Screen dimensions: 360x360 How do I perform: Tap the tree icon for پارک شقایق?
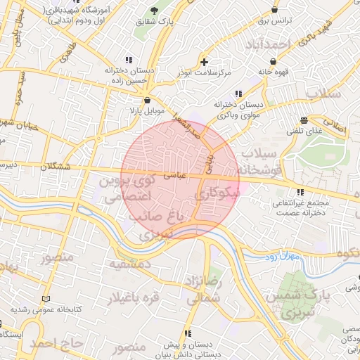point(154,10)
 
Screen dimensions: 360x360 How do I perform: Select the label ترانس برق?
point(275,21)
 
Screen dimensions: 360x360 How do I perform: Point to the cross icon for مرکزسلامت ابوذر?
point(204,62)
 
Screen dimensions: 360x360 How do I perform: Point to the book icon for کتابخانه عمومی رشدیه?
point(46,299)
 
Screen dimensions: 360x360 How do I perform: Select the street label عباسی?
point(173,176)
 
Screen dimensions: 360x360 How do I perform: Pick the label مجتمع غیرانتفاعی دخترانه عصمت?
point(301,207)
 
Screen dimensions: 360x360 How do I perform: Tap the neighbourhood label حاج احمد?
point(58,344)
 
